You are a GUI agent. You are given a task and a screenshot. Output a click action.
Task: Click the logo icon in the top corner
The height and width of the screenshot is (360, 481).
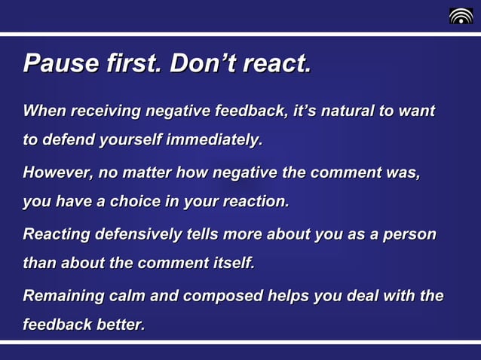point(461,16)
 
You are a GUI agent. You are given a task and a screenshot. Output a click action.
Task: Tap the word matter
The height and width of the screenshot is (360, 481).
point(146,172)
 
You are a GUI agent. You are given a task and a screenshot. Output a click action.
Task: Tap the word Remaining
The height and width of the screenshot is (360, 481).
point(63,296)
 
